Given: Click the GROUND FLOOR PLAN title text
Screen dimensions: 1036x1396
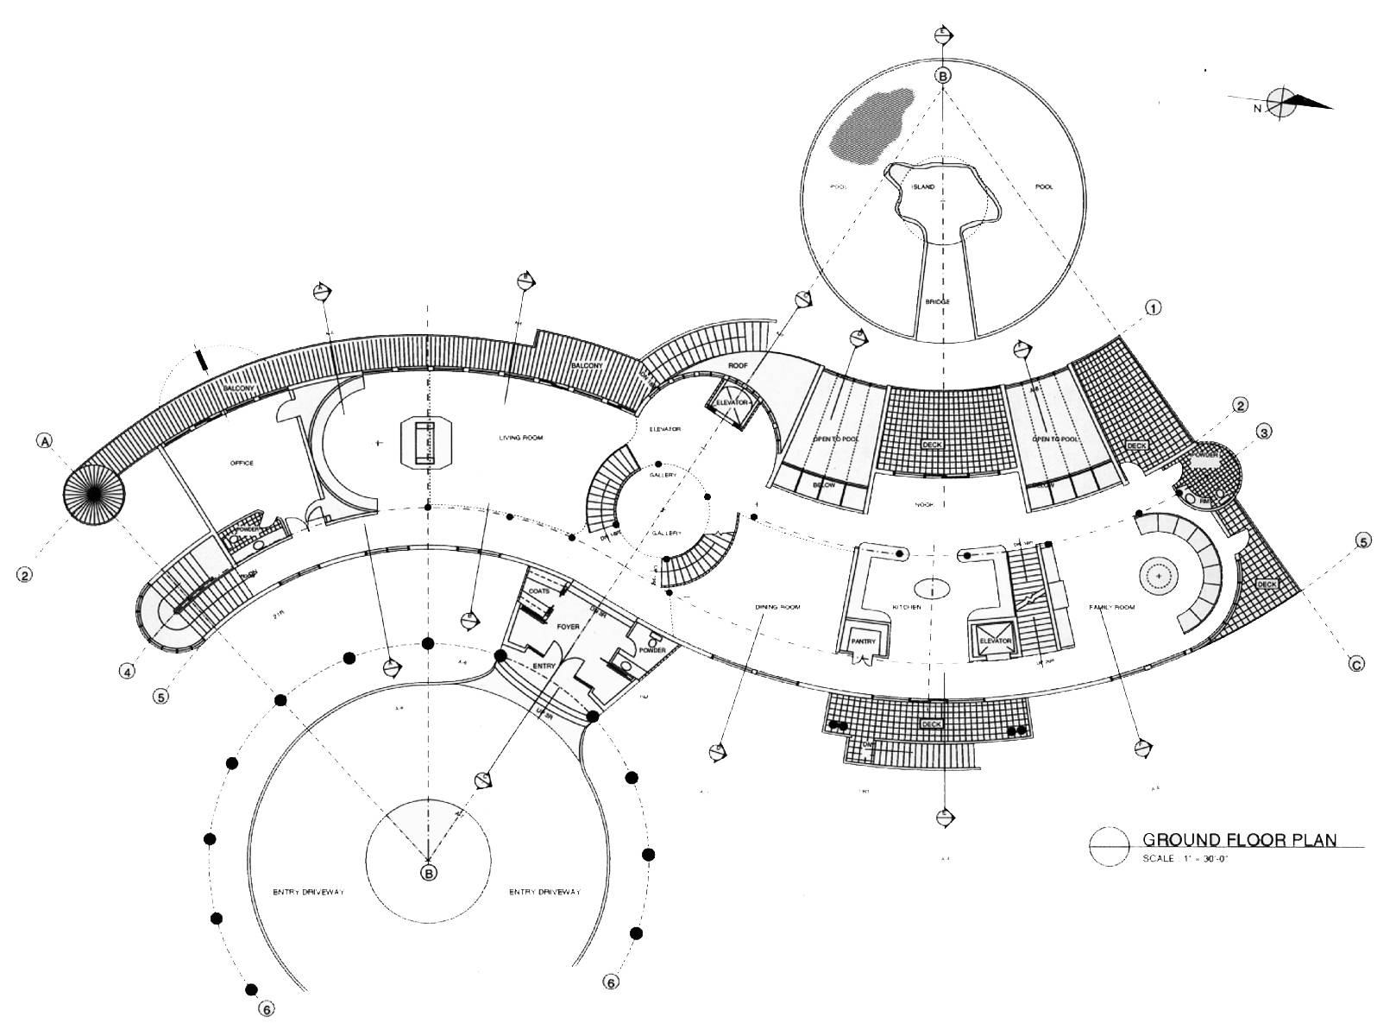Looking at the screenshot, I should tap(1239, 839).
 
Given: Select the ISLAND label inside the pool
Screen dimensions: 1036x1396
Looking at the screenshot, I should tap(924, 186).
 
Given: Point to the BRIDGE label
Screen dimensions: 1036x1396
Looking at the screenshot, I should tap(937, 301).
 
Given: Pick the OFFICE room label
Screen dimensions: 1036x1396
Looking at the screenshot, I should tap(242, 464).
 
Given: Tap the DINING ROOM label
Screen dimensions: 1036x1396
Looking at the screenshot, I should tap(777, 607).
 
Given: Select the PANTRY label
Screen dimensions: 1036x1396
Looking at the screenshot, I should tap(865, 641).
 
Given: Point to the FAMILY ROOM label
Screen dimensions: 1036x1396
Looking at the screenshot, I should tap(1111, 608).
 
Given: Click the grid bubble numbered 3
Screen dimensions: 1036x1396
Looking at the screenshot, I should tap(1263, 431).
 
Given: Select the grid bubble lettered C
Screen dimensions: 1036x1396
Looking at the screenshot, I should tap(1357, 664).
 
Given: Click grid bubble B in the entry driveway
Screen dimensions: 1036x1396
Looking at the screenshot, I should tap(429, 874).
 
